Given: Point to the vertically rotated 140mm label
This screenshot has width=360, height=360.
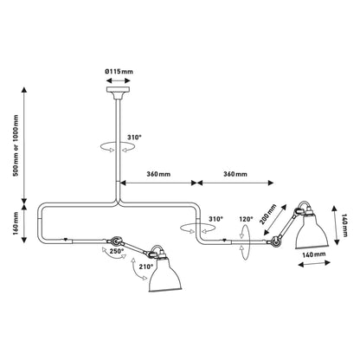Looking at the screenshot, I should (346, 226).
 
